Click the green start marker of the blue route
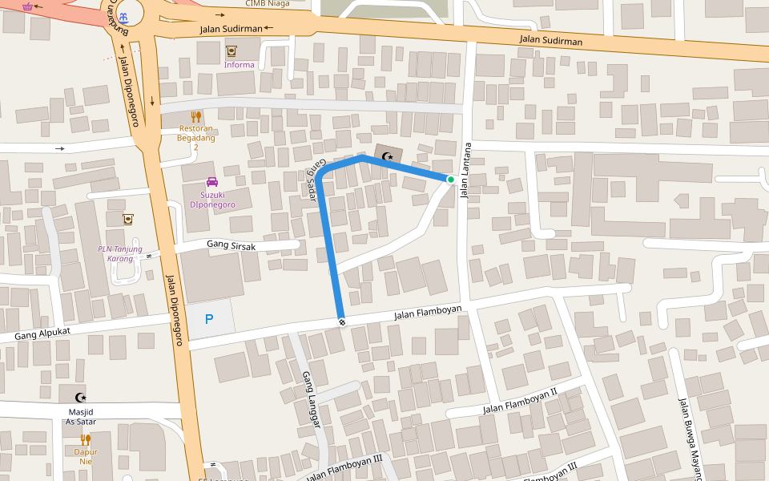pos(451,180)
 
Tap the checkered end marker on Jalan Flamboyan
pos(342,321)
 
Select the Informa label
pos(240,65)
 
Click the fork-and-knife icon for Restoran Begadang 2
pos(196,116)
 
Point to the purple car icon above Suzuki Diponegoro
pos(212,182)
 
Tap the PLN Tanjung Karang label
pos(120,253)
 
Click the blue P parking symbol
pos(209,319)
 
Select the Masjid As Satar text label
pos(80,416)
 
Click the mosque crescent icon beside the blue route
pos(389,156)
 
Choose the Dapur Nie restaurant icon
pos(86,439)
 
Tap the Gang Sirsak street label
pos(231,246)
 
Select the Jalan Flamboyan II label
pos(519,403)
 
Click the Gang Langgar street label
pos(311,399)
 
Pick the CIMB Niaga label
pos(267,3)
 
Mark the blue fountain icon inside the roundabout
pos(122,16)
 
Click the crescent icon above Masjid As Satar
pos(80,397)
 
